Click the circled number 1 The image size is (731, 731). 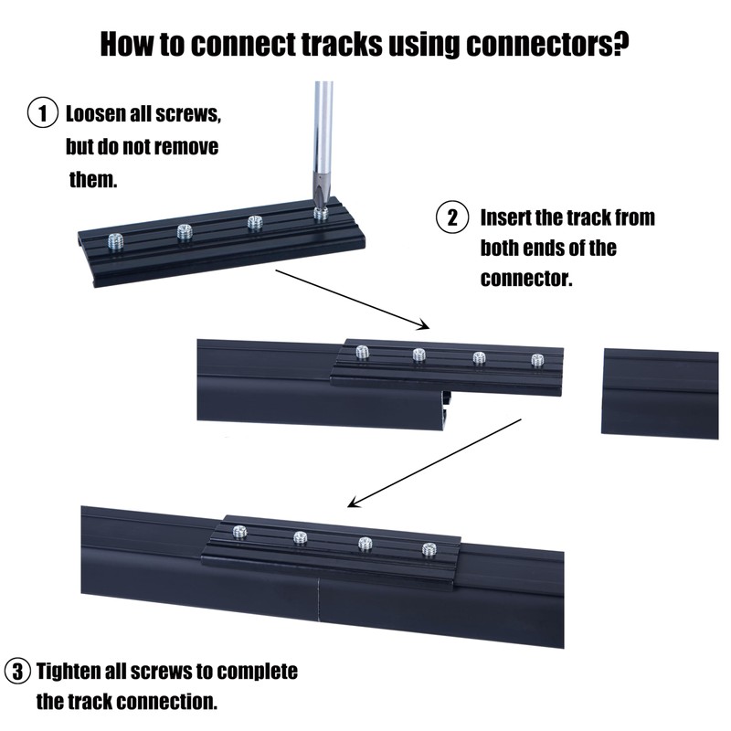(41, 116)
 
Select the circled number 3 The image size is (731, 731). (17, 673)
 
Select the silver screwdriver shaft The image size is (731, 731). (323, 128)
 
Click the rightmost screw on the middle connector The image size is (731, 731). (537, 360)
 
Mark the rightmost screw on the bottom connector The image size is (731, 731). (429, 549)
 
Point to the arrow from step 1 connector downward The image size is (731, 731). (352, 298)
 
